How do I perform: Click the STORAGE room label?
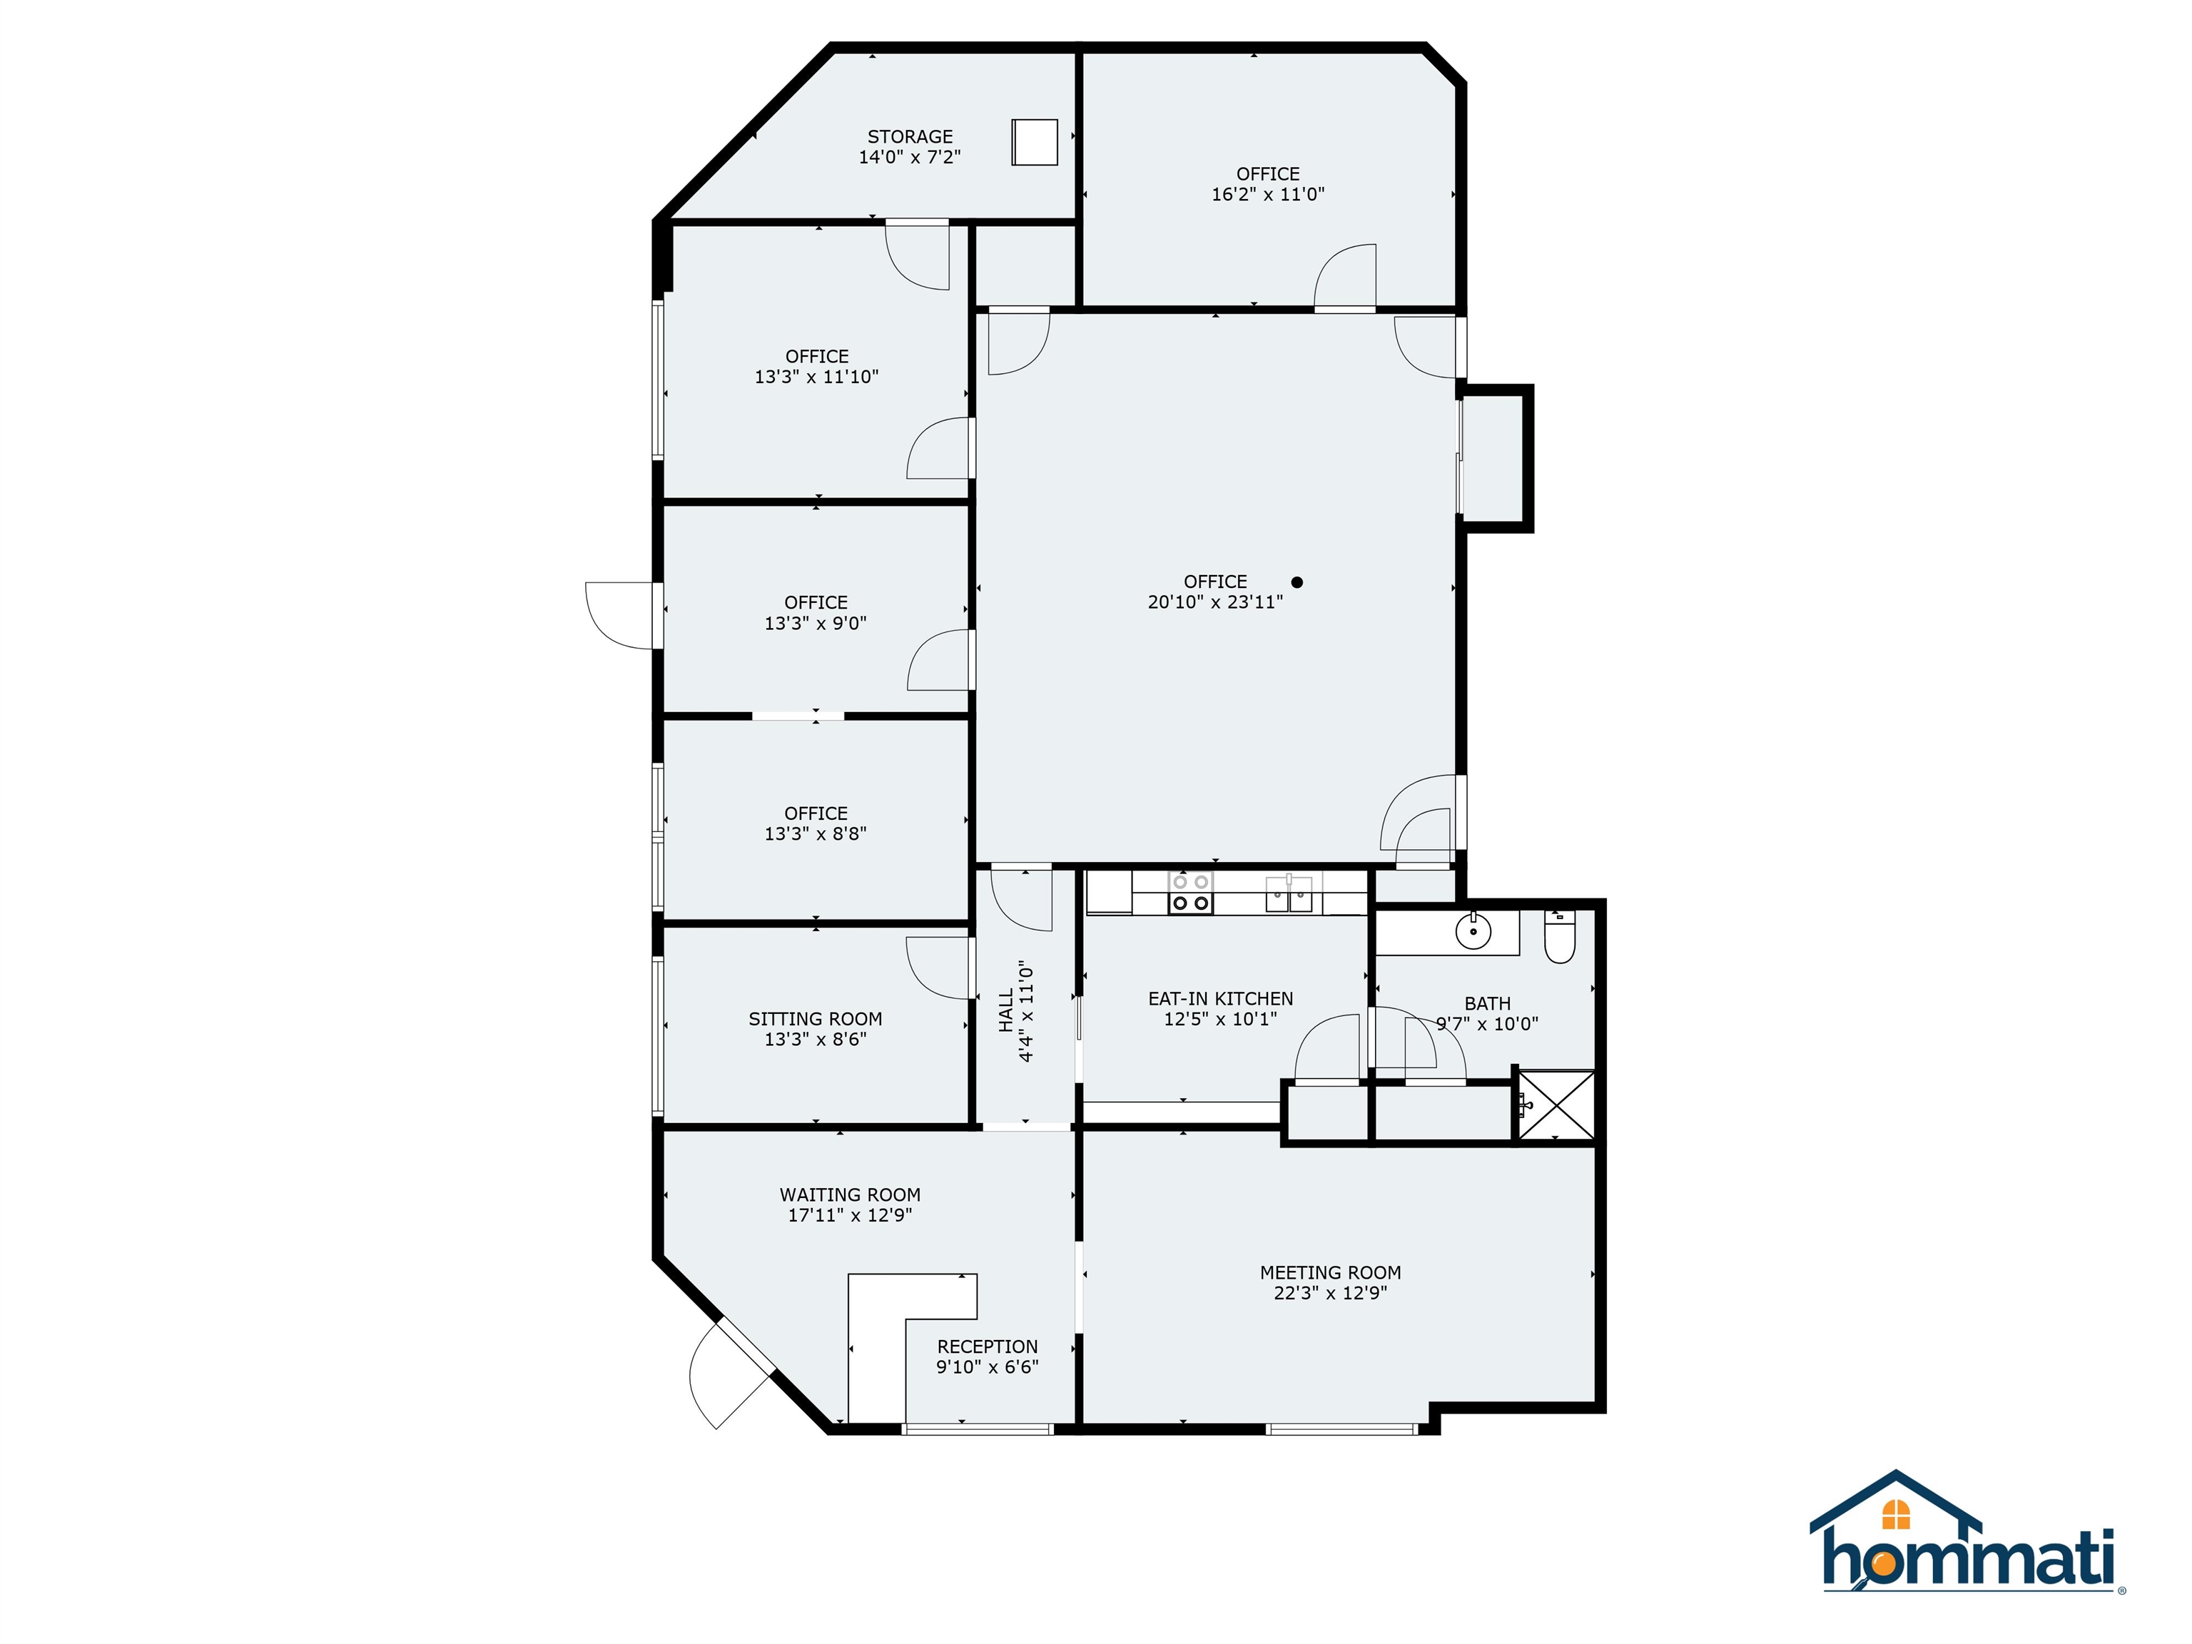pos(910,137)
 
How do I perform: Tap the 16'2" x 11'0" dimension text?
pos(1267,194)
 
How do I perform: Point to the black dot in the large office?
pos(1297,583)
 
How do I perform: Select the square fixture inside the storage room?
pos(1035,142)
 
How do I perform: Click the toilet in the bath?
pos(1560,938)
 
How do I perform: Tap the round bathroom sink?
pos(1473,931)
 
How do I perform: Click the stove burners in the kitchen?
pos(1190,892)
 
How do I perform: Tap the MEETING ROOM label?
pos(1330,1272)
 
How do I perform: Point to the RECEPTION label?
pos(987,1346)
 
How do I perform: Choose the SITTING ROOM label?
pos(815,1019)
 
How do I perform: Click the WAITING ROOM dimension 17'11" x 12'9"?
pos(849,1216)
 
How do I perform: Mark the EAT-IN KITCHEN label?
pos(1220,999)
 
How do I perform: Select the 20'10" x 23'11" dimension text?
pos(1215,602)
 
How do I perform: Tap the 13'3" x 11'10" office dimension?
pos(816,377)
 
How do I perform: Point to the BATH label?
pos(1488,1004)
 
